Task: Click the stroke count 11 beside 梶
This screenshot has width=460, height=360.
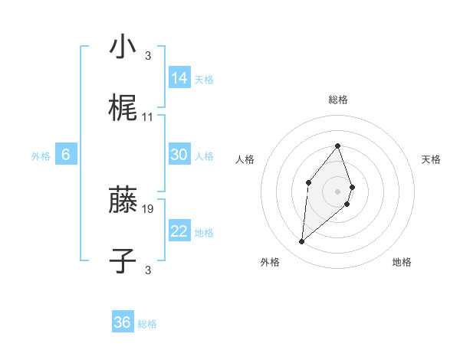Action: [x=148, y=117]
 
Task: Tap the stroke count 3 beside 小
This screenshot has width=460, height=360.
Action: [x=148, y=55]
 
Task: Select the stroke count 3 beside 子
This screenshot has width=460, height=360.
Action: [x=148, y=270]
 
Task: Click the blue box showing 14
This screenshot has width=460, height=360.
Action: [x=179, y=77]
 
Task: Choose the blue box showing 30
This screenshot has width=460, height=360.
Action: [x=179, y=155]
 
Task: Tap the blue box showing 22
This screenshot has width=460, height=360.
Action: [x=179, y=231]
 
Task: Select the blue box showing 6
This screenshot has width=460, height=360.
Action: [x=66, y=155]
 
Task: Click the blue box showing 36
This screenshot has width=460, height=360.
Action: [x=123, y=322]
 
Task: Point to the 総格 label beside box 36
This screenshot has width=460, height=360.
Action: [x=148, y=324]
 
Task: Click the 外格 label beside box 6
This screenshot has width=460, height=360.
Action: [x=41, y=156]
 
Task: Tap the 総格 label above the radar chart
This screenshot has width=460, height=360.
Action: [x=338, y=100]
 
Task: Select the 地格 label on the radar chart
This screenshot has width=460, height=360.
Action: [x=402, y=262]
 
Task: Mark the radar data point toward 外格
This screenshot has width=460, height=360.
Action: [x=302, y=242]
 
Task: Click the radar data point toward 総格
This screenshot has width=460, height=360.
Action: [x=338, y=146]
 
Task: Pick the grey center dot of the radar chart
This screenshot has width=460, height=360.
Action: [x=338, y=191]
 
